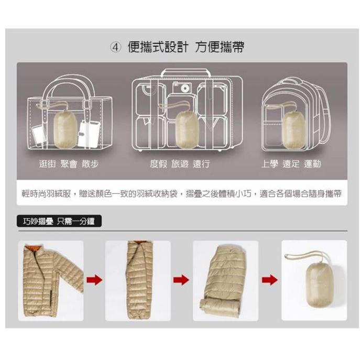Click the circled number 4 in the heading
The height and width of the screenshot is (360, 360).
[116, 47]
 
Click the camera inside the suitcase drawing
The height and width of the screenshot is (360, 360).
[182, 87]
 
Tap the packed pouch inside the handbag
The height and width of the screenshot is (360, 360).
[66, 129]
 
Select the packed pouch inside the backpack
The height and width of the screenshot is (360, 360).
[293, 130]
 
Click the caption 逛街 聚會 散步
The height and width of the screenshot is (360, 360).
[69, 164]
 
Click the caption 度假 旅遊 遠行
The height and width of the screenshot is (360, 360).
[180, 164]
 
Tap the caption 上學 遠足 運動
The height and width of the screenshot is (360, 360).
[291, 164]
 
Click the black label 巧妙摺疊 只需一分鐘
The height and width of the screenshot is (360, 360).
[59, 221]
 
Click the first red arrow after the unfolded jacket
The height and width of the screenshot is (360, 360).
[94, 280]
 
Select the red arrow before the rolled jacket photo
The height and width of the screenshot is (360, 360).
[181, 280]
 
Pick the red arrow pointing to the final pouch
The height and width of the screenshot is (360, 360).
[270, 280]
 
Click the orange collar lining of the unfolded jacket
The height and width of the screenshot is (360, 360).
[33, 248]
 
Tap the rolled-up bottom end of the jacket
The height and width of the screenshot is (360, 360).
[220, 307]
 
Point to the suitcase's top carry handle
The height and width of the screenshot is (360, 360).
[186, 72]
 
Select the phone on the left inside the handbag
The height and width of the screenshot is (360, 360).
[39, 136]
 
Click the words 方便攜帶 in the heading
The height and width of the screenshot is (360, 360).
[220, 47]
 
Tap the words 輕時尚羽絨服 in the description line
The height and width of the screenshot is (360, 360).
[46, 194]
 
